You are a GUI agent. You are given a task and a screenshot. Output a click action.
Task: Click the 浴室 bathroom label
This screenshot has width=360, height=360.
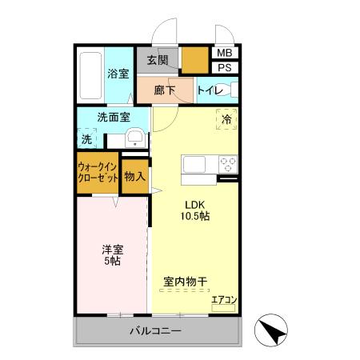(118, 74)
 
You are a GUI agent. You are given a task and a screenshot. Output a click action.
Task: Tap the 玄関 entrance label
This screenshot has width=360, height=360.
(158, 60)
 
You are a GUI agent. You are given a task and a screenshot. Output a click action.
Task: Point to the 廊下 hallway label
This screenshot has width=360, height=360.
(163, 90)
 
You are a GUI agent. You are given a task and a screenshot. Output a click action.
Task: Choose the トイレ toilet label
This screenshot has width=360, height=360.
(210, 90)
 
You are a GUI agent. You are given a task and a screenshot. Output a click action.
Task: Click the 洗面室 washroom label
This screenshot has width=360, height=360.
(114, 117)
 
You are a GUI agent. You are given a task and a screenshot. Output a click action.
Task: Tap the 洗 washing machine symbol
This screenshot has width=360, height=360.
(86, 139)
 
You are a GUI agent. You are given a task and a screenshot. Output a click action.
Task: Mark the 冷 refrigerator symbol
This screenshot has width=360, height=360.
(227, 119)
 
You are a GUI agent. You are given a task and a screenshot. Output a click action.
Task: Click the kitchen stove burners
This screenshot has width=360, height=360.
(228, 165)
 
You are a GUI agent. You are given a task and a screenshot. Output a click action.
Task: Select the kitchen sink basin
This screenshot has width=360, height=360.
(197, 165)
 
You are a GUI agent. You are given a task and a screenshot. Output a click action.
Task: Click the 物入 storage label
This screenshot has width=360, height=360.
(135, 176)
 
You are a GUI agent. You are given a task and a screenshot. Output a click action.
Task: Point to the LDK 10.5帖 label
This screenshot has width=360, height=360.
(193, 210)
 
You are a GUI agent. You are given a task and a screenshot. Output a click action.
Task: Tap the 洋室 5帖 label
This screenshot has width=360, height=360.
(112, 254)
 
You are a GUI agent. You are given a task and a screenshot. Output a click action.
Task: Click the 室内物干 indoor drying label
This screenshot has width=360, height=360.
(186, 281)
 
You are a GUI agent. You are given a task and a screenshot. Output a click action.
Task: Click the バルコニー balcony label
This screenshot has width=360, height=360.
(156, 330)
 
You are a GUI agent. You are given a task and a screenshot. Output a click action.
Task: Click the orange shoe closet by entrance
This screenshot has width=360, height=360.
(193, 60)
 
